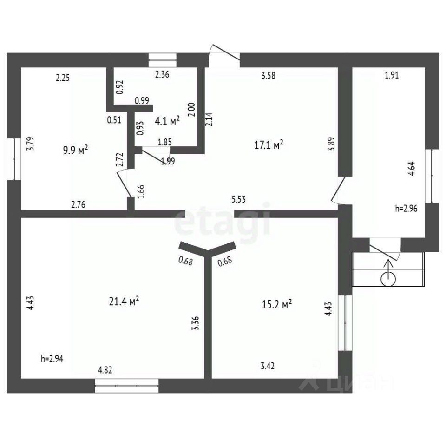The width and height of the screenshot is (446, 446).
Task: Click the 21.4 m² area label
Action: coord(124,301)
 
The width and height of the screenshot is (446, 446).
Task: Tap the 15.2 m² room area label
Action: coord(276,305)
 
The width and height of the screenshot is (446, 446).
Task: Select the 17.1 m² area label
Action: coord(269,145)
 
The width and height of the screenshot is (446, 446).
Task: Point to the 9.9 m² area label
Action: coord(75,150)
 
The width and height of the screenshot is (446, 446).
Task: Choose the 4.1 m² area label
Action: coord(167,121)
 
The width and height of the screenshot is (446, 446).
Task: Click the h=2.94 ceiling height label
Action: coord(52,359)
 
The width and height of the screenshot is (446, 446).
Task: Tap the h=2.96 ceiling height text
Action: coord(406,209)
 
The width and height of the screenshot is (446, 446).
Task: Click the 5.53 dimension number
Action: coord(238,199)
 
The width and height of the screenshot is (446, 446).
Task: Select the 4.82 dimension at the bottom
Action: coord(105,370)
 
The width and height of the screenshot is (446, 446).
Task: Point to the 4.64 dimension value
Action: coord(412,169)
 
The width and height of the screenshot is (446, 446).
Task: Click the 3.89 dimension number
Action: coord(331,144)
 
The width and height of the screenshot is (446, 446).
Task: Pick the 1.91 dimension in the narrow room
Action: coord(392,75)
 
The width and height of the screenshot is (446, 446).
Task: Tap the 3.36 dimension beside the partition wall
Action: coord(195,323)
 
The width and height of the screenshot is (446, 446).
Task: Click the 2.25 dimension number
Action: coord(63,78)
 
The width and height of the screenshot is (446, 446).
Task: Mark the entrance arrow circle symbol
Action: coord(388,279)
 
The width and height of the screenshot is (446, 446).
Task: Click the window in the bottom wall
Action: coord(126,386)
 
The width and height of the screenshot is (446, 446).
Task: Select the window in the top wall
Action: coord(163,60)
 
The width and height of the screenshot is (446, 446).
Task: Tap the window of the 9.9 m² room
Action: coord(14,159)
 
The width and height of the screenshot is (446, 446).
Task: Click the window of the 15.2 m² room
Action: coord(345,323)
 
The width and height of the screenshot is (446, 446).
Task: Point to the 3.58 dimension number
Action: coord(268,76)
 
